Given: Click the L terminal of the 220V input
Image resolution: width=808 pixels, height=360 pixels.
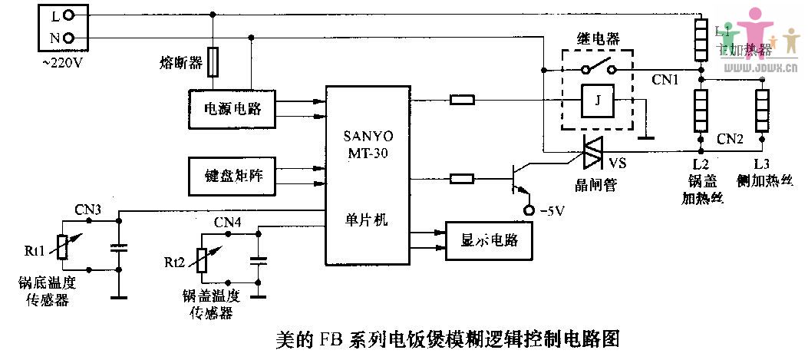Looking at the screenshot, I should (x=69, y=14).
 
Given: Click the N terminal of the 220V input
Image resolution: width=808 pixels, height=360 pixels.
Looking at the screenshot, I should (x=69, y=37).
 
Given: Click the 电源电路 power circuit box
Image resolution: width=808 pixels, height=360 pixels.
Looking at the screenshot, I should (x=231, y=109).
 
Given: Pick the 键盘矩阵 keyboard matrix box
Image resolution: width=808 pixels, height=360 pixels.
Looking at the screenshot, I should (x=231, y=176).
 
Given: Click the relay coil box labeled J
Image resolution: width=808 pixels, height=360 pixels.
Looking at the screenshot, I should (x=596, y=101).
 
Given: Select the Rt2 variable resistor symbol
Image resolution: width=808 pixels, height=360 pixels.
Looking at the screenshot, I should (x=203, y=259).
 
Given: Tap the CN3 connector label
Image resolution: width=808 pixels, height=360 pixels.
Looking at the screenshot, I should (x=87, y=208).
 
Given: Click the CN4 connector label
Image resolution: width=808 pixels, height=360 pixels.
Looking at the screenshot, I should (x=227, y=223).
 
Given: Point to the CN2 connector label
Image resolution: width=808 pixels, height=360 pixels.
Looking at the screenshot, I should (x=730, y=139).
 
